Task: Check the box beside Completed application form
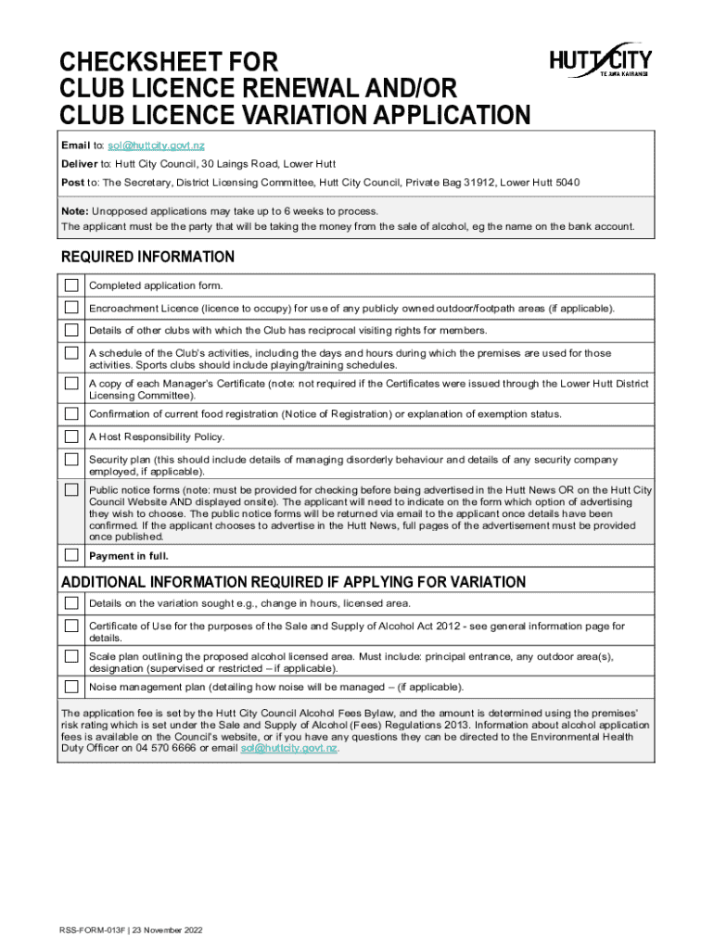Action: [x=71, y=285]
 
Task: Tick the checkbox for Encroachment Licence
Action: [x=71, y=307]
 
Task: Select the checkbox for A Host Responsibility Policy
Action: [x=71, y=437]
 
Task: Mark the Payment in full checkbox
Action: [x=71, y=555]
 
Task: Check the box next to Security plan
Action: [x=71, y=460]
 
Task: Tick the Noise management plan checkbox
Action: [x=71, y=687]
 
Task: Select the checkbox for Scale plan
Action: [x=71, y=656]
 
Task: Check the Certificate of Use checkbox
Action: [x=71, y=626]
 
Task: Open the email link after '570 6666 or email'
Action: [x=288, y=748]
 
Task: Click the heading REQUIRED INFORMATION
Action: [x=147, y=257]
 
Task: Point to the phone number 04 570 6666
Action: [x=168, y=748]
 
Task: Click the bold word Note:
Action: [x=76, y=211]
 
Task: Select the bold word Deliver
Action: [x=80, y=164]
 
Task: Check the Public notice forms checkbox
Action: [x=71, y=489]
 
